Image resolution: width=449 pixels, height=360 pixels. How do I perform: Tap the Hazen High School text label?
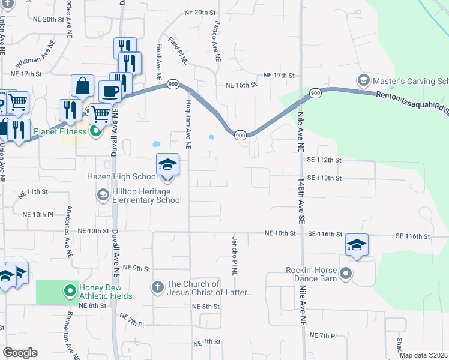click(x=122, y=176)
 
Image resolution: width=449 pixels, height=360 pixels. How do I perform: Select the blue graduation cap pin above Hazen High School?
click(x=167, y=164)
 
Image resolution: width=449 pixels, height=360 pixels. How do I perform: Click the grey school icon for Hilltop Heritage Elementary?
click(x=103, y=195)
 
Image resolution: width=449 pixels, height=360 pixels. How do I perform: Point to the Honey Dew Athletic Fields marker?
click(x=70, y=291)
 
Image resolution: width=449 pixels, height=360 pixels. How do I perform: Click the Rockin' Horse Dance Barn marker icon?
click(x=345, y=274)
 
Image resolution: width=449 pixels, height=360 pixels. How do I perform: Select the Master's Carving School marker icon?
click(x=363, y=80)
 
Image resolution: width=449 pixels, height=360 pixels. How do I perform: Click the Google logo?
click(x=20, y=353)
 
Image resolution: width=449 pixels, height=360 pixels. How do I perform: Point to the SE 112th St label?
click(x=324, y=160)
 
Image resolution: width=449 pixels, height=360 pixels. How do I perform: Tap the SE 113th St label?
click(x=324, y=178)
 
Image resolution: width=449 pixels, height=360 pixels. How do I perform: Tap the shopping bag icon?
click(x=82, y=86)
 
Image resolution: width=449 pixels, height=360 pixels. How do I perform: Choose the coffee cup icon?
click(x=110, y=91)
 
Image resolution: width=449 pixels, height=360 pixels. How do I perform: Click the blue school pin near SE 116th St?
click(x=357, y=245)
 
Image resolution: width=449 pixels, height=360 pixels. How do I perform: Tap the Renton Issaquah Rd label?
click(x=412, y=97)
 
